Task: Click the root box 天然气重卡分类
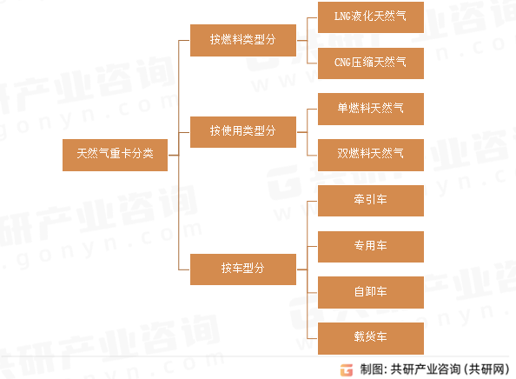(x=115, y=155)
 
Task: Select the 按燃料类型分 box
(x=243, y=40)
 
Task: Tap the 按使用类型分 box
(x=243, y=132)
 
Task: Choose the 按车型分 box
(x=243, y=269)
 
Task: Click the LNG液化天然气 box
(x=371, y=17)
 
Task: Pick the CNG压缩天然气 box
(x=371, y=63)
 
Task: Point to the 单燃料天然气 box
(x=371, y=109)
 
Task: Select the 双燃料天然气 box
(x=371, y=155)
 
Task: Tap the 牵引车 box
(x=371, y=201)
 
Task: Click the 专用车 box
(x=371, y=247)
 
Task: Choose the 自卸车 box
(x=371, y=292)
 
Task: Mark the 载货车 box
(x=371, y=338)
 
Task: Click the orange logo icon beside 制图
(x=347, y=369)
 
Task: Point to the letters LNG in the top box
(x=342, y=17)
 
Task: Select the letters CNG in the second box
(x=342, y=63)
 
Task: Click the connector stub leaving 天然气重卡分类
(x=173, y=155)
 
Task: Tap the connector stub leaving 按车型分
(x=301, y=269)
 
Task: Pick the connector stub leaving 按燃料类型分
(x=301, y=41)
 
